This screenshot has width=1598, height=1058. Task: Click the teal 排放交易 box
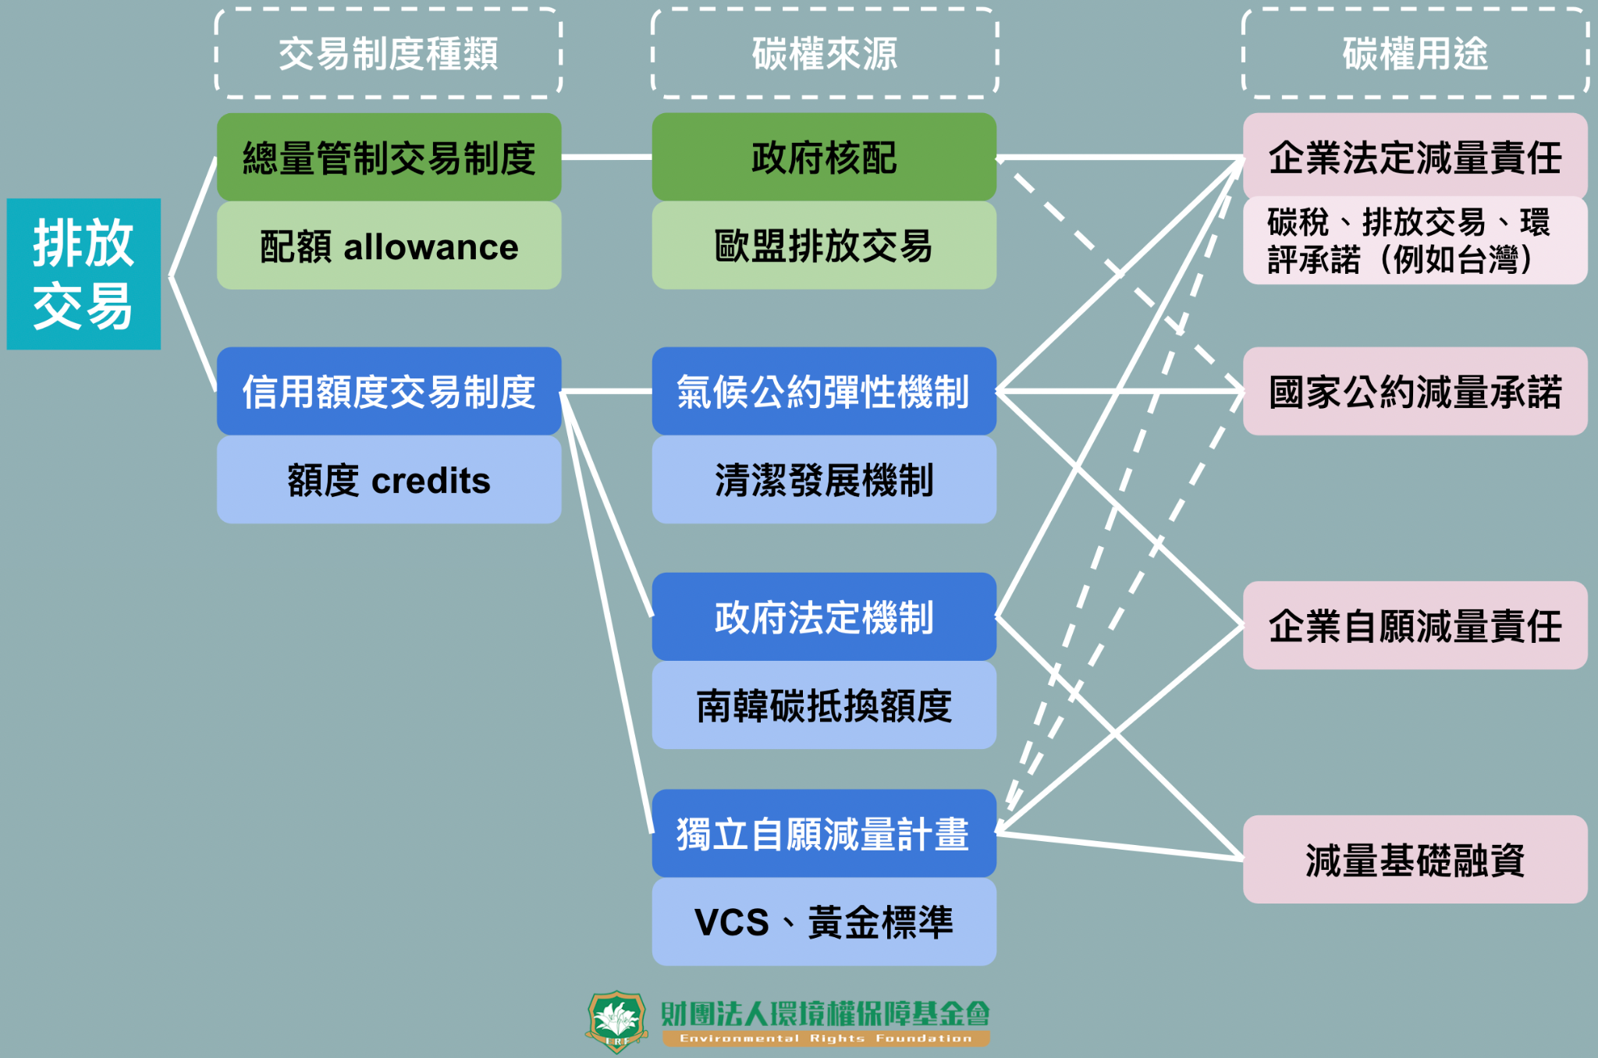(x=83, y=274)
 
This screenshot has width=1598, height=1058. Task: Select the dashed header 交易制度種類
(x=389, y=54)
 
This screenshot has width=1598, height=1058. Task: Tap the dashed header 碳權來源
(x=824, y=54)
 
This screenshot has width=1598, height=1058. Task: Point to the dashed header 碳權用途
(x=1415, y=54)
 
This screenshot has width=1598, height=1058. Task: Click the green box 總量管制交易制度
(x=389, y=158)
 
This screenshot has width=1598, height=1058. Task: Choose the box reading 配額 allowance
(x=389, y=247)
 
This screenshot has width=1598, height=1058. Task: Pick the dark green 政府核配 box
(x=824, y=158)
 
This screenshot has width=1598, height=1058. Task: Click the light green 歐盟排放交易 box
(x=824, y=247)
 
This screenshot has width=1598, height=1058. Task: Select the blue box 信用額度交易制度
(x=389, y=391)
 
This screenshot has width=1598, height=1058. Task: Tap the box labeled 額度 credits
(x=389, y=480)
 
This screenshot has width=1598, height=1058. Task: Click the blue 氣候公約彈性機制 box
(x=824, y=391)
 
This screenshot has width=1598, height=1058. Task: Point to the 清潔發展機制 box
(x=824, y=480)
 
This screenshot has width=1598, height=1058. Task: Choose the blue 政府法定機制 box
(x=824, y=617)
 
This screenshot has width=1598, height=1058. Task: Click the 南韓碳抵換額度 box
(x=824, y=706)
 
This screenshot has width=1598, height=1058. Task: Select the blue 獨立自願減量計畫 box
(x=824, y=833)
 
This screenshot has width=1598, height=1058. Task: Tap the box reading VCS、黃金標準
(x=824, y=922)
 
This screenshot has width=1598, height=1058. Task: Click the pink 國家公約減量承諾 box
(x=1415, y=391)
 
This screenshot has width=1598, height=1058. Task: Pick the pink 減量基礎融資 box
(x=1415, y=860)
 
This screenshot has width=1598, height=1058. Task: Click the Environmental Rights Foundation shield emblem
(x=616, y=1021)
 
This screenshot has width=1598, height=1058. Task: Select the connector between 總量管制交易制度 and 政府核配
(x=606, y=158)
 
